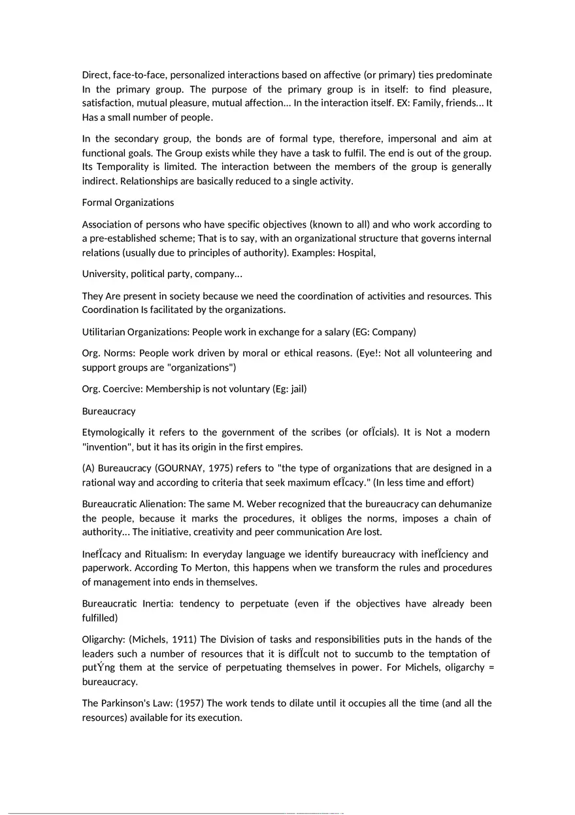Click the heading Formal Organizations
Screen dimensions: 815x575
(127, 203)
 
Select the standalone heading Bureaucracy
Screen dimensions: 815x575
(108, 411)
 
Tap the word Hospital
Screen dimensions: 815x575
(355, 252)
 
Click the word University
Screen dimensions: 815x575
(105, 274)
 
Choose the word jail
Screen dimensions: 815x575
(297, 389)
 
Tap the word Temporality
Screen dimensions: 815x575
(123, 167)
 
